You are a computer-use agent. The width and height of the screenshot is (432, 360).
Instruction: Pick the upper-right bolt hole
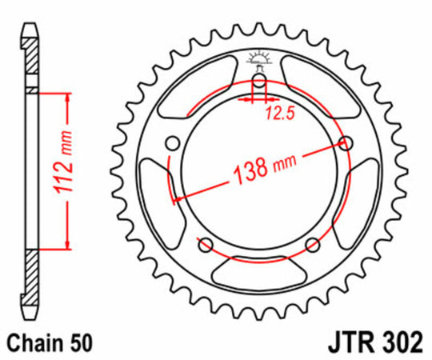click(x=346, y=143)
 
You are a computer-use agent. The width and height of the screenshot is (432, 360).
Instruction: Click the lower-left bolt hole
click(x=204, y=245)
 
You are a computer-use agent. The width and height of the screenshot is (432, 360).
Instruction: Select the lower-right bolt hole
click(x=312, y=245)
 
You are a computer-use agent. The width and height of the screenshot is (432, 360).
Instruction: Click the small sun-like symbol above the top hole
click(x=258, y=58)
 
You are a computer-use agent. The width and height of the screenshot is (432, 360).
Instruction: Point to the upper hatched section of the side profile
click(x=29, y=60)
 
